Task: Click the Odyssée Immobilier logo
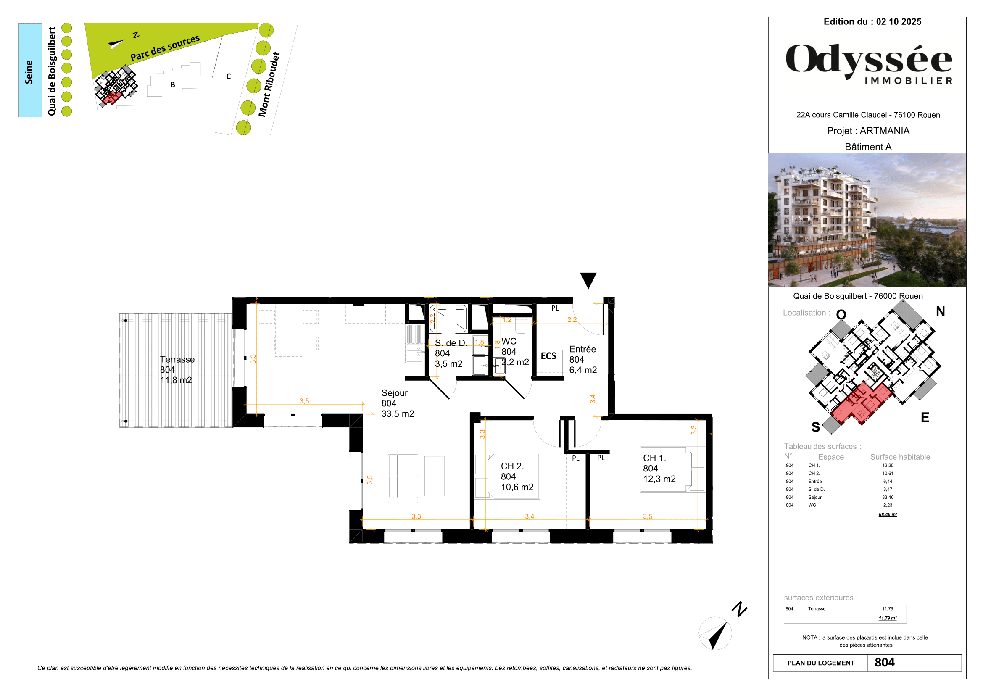click(869, 63)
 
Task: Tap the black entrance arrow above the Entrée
click(588, 281)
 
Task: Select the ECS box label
click(548, 356)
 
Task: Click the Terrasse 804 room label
click(177, 370)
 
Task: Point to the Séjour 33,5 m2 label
click(397, 403)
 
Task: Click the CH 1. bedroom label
click(659, 468)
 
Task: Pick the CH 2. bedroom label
click(517, 476)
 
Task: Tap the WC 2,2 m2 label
click(515, 352)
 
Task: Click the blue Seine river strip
click(30, 70)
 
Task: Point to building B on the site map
click(173, 84)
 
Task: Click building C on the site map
click(228, 76)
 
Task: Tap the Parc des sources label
click(165, 48)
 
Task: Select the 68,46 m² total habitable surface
click(888, 514)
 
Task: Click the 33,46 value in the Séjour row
click(888, 497)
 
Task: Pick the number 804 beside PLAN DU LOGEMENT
click(885, 663)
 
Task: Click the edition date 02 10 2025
click(898, 22)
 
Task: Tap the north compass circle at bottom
click(715, 633)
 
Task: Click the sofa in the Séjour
click(403, 476)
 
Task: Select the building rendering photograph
click(867, 219)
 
